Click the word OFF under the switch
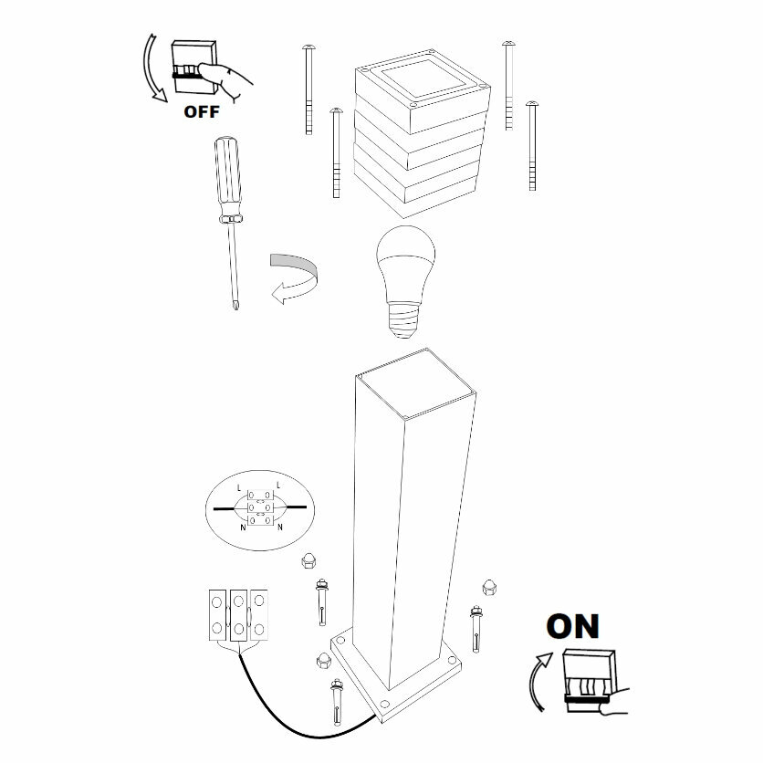click(x=202, y=112)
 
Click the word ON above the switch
click(x=572, y=626)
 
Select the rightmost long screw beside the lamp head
click(x=532, y=146)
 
